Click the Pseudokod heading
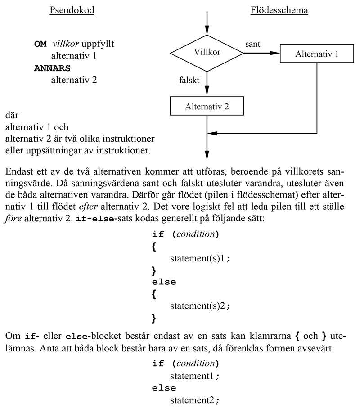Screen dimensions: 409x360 pos(72,10)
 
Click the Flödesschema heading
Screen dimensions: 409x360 pos(279,10)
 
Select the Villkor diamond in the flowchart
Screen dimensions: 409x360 pos(207,53)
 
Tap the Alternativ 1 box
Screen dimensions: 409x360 pos(317,54)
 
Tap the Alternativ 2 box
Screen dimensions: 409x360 pos(207,107)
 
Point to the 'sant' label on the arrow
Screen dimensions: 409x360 pos(253,44)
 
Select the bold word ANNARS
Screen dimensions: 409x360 pos(53,69)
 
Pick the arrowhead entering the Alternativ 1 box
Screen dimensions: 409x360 pos(275,53)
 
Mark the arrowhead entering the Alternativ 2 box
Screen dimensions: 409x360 pos(207,93)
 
